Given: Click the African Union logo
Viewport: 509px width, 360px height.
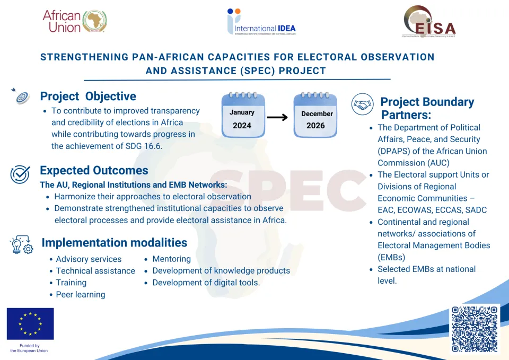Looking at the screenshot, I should (74, 21).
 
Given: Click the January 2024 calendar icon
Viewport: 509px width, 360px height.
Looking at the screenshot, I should (243, 116).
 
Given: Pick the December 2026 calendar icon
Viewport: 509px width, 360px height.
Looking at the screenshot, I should (315, 116).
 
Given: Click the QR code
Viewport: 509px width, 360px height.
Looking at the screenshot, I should (475, 329).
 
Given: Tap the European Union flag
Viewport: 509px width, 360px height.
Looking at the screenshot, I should (30, 324).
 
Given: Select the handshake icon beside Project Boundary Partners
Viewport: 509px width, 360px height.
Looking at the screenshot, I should (363, 104).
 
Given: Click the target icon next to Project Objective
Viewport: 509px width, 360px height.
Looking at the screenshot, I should (22, 96).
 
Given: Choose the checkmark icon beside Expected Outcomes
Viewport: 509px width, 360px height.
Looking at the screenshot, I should (20, 173).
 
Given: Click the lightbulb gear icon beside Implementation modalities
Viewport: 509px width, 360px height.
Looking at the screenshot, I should (22, 244).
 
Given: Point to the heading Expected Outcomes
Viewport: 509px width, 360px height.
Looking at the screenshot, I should (94, 171).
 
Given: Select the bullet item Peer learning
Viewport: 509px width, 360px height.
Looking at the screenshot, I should (81, 294).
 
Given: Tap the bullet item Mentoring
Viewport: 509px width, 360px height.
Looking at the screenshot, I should (171, 259).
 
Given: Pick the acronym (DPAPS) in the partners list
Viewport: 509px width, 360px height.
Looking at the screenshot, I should (395, 151).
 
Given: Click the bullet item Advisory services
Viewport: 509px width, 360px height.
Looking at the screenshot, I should (89, 259).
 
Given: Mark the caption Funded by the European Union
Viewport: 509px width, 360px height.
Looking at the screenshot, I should (29, 348).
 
